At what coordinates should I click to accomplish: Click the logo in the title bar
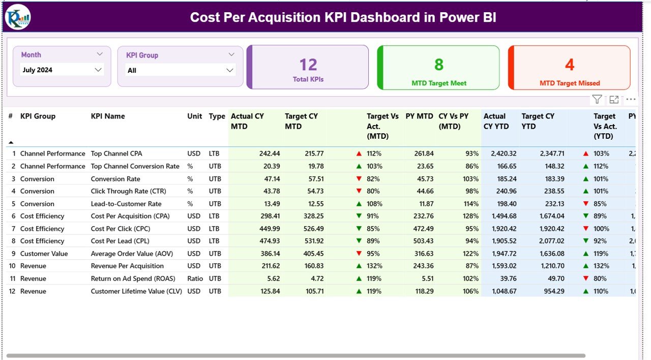(18, 17)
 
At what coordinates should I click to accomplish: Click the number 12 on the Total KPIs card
(308, 65)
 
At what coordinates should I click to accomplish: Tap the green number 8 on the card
(439, 65)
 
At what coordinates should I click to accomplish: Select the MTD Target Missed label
(570, 83)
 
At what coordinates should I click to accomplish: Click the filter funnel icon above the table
(597, 100)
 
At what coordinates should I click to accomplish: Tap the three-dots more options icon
(631, 100)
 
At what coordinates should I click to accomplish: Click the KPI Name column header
(108, 116)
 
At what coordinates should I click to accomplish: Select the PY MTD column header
(419, 116)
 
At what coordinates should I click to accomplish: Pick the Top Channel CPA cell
(116, 154)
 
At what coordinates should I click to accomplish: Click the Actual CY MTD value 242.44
(270, 154)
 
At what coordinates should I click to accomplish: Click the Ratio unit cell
(195, 279)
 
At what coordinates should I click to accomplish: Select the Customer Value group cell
(44, 254)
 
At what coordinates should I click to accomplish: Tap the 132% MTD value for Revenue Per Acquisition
(374, 266)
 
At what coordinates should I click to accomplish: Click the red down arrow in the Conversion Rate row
(359, 179)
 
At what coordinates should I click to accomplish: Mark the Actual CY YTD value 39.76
(507, 279)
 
